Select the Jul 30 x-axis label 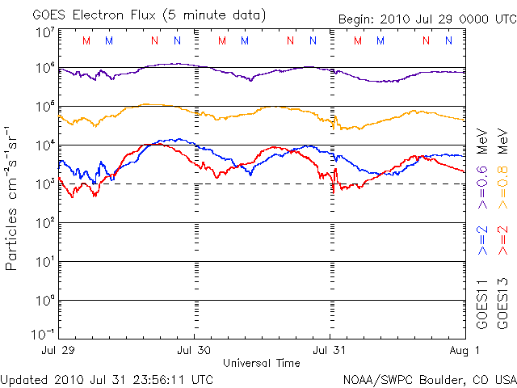click(195, 351)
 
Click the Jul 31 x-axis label click(330, 351)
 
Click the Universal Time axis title click(261, 363)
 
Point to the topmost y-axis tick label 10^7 click(44, 32)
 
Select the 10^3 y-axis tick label click(44, 184)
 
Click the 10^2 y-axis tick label click(44, 223)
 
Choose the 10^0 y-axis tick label click(44, 301)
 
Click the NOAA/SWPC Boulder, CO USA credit click(429, 378)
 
